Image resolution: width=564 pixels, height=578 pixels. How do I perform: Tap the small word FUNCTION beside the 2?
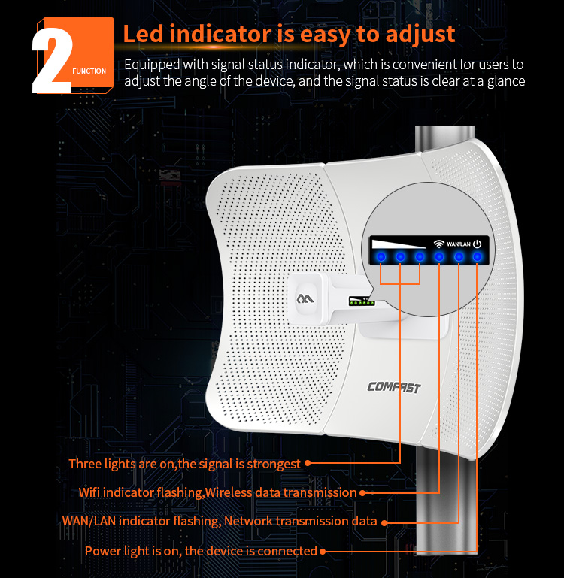click(89, 71)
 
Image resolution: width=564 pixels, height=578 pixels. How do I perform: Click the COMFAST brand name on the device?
click(393, 387)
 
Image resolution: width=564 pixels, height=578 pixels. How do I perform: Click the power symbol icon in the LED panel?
click(478, 243)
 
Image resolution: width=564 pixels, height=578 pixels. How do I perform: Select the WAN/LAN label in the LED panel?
click(459, 244)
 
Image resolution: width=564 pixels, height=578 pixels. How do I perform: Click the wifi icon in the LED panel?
click(439, 243)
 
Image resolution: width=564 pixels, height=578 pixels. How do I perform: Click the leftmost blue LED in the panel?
click(381, 257)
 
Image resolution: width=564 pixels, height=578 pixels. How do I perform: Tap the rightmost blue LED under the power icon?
click(478, 257)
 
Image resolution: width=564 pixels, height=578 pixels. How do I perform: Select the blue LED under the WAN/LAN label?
click(459, 257)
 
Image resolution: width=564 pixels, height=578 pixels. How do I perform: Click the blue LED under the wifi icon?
click(439, 257)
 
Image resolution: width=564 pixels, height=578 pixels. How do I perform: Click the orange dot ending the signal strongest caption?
click(308, 464)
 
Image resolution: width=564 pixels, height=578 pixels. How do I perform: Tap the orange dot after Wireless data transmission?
click(362, 493)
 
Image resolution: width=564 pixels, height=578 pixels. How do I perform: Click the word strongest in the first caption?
click(270, 464)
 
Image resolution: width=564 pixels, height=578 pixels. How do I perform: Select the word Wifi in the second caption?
click(91, 492)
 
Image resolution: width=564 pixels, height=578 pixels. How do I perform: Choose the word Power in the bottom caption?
click(102, 551)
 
